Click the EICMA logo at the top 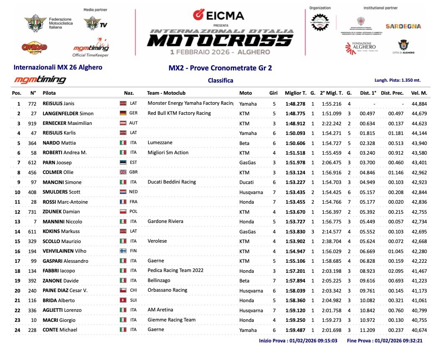[218, 15]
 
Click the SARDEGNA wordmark [403, 26]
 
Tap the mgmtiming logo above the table [40, 80]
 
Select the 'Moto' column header [245, 93]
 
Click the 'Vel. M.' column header [419, 93]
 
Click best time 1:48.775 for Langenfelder [295, 114]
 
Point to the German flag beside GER [123, 113]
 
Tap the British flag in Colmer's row [123, 172]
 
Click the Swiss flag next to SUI [123, 300]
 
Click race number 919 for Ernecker [32, 123]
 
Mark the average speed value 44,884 [419, 104]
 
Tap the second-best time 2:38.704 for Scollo [331, 241]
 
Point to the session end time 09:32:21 [414, 341]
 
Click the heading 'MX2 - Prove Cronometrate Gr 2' [220, 68]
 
